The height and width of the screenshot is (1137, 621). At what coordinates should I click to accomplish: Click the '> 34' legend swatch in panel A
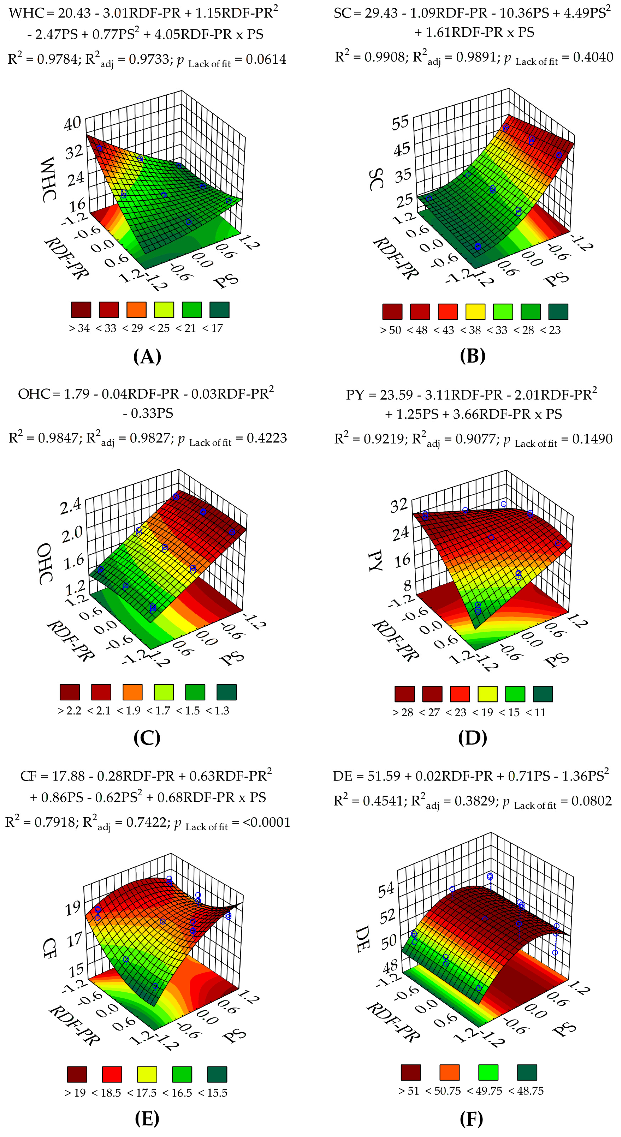pos(81,310)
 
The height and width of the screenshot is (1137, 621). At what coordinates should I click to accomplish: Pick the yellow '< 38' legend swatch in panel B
pos(475,312)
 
